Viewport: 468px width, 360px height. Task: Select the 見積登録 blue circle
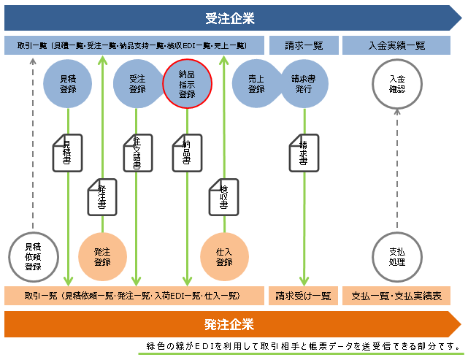point(67,84)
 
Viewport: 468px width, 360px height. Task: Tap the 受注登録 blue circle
point(137,84)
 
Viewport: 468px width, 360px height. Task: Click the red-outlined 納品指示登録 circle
point(187,84)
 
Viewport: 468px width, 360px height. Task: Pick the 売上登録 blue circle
point(255,84)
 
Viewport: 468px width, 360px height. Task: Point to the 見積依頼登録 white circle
point(33,256)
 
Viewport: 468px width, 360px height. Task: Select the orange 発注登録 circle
point(102,256)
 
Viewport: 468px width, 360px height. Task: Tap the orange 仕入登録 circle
point(224,256)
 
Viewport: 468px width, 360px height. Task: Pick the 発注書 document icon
point(102,196)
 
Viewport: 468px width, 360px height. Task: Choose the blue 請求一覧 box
point(302,46)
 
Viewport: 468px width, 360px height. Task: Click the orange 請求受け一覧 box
point(302,296)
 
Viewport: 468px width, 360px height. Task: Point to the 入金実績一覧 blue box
point(396,46)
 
